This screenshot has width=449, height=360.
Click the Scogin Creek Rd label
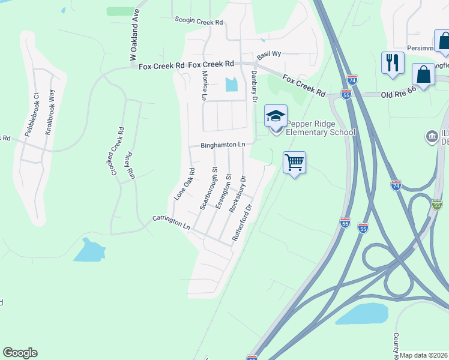pos(199,21)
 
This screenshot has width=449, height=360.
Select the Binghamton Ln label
pos(223,145)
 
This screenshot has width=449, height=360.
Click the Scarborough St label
pos(208,192)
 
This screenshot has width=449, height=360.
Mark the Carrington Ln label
pos(171,223)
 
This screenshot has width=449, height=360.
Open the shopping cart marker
pos(294,162)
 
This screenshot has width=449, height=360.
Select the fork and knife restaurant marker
pos(393,62)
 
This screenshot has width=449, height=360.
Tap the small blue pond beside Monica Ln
pos(231,85)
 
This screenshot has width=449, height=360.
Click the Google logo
pos(20,353)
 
